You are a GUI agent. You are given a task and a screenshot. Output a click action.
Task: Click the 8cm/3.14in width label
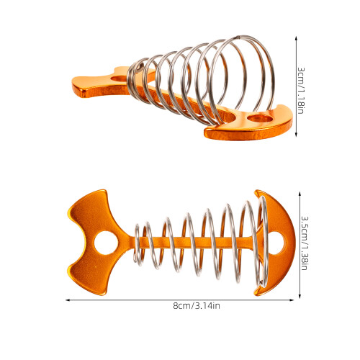pyautogui.click(x=197, y=306)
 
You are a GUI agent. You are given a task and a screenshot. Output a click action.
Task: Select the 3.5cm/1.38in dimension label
pyautogui.click(x=305, y=243)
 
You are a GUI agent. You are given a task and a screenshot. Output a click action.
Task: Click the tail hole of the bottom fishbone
pyautogui.click(x=106, y=243)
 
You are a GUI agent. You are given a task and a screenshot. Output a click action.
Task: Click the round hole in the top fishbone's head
pyautogui.click(x=260, y=118)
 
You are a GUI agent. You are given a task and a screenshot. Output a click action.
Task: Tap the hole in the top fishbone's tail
pyautogui.click(x=120, y=78)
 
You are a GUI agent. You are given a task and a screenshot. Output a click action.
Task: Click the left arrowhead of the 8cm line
pyautogui.click(x=68, y=300)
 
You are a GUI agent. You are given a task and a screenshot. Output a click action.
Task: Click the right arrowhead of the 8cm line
pyautogui.click(x=292, y=300)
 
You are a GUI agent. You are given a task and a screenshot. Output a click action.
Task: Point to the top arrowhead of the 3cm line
pyautogui.click(x=296, y=39)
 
